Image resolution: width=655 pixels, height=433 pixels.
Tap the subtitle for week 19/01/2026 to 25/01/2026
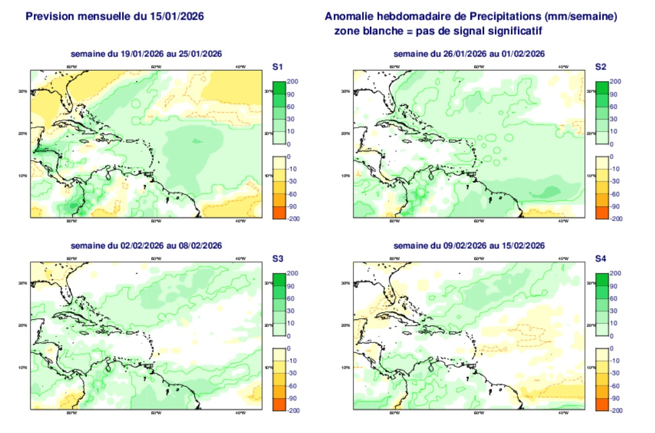pos(146,54)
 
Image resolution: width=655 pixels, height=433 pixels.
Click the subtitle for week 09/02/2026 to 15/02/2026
pos(469,245)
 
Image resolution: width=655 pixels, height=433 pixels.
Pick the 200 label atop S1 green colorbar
pos(293,82)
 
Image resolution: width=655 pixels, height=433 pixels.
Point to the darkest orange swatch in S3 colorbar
pos(279,404)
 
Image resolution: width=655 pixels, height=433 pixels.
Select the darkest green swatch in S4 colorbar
pos(602,279)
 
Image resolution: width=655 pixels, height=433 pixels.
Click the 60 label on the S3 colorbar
pos(293,298)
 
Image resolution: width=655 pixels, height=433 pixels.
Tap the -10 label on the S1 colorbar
pos(293,169)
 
